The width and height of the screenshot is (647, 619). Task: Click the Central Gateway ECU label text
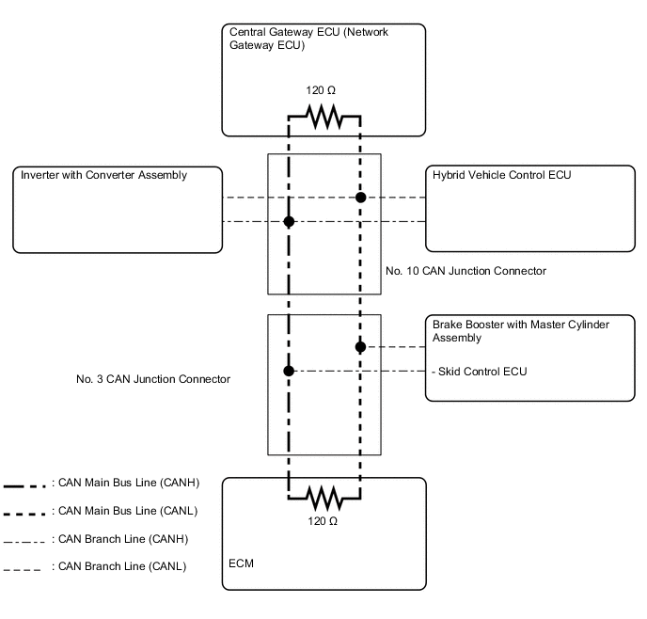[309, 39]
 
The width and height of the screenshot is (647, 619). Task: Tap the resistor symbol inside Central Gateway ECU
[323, 118]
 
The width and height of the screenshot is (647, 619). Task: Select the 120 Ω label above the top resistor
[321, 92]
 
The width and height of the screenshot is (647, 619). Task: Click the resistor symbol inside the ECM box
[323, 493]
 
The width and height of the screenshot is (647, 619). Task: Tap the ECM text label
[242, 563]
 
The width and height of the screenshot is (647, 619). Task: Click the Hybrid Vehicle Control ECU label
[501, 175]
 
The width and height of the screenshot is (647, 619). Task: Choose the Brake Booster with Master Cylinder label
[520, 331]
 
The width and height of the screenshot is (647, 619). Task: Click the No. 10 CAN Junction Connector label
[466, 271]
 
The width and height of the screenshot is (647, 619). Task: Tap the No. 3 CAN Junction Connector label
[153, 379]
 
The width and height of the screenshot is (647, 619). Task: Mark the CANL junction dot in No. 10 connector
[359, 198]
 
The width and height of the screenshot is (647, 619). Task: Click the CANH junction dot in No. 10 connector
[289, 222]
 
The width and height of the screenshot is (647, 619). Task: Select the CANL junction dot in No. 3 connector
[360, 347]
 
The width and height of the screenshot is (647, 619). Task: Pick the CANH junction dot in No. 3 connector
[289, 371]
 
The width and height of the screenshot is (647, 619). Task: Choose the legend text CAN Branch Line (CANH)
[119, 539]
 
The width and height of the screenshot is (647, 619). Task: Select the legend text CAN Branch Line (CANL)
[118, 566]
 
